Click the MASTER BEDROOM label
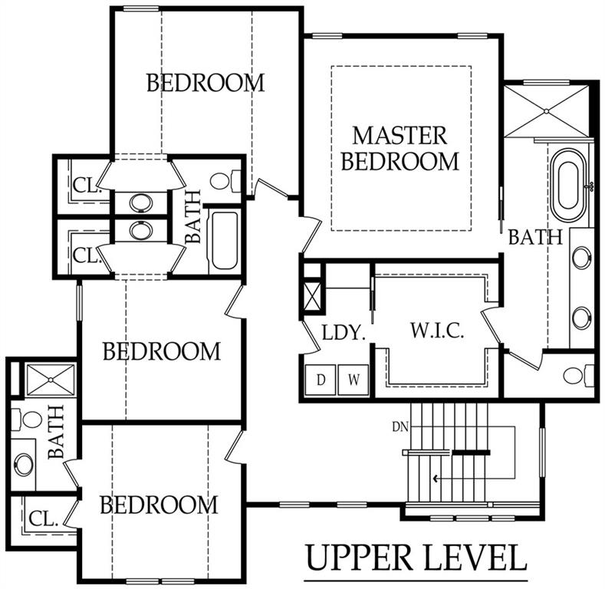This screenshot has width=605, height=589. tap(400, 148)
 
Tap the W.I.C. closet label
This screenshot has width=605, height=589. tap(437, 331)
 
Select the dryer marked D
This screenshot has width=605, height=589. tap(321, 380)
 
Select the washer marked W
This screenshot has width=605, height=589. tap(353, 380)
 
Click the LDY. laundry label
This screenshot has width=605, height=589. tap(344, 333)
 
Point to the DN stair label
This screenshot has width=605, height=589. tap(400, 427)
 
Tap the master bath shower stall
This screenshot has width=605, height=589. tap(547, 111)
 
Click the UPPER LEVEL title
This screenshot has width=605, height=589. tap(416, 558)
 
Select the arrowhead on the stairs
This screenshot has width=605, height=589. tap(436, 479)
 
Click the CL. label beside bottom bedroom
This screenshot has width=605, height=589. tap(44, 519)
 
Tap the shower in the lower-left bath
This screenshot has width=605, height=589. tap(51, 380)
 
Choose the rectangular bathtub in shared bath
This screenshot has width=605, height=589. tap(224, 241)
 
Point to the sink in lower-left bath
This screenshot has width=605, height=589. tap(23, 464)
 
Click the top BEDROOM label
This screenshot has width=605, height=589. tap(206, 83)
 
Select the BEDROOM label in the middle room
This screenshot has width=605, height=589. tap(162, 351)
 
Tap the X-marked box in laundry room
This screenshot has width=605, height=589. tap(313, 296)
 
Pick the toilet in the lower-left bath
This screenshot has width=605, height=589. tap(27, 420)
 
